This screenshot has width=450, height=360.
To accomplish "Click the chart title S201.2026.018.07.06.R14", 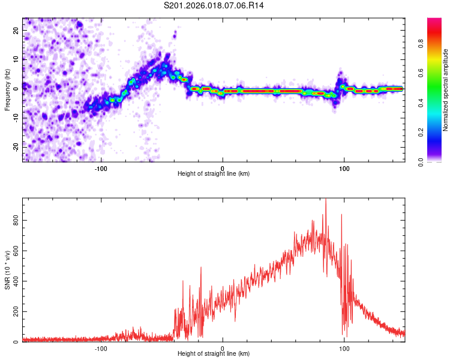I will click(x=214, y=5).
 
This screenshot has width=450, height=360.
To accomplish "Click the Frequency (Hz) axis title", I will click(x=7, y=90).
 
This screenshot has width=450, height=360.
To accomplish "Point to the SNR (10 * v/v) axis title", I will click(x=7, y=270).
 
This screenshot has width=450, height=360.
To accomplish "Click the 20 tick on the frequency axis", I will click(x=16, y=29).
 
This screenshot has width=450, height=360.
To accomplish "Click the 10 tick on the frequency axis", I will click(x=16, y=59).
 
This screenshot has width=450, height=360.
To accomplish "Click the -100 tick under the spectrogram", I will click(x=101, y=168).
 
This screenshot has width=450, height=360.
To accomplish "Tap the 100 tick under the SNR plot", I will click(x=344, y=348).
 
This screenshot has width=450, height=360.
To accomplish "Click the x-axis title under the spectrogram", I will click(x=214, y=174).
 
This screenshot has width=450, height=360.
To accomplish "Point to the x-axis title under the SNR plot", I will click(x=214, y=354).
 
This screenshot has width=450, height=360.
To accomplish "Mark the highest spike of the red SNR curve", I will click(x=326, y=200).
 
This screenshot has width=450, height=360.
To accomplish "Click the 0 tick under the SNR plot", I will click(x=223, y=348).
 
